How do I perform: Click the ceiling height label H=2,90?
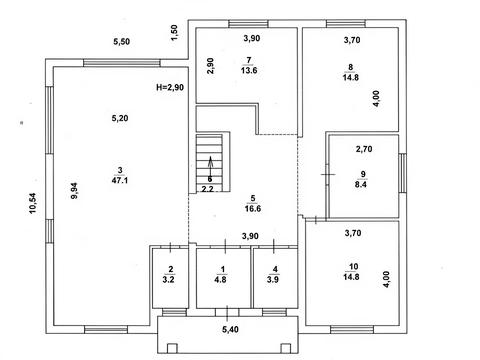tap(170, 87)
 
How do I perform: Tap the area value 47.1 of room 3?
tap(120, 180)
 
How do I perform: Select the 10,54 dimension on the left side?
tap(33, 203)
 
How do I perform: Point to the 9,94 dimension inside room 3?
tap(74, 191)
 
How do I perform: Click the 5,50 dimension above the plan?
tap(122, 42)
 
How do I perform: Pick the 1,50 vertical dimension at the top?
tap(174, 33)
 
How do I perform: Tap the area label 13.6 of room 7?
tap(249, 70)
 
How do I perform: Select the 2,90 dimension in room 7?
tap(210, 66)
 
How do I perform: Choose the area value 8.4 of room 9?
tap(361, 184)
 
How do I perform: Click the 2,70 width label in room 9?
tap(364, 149)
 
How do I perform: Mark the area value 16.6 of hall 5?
tap(253, 209)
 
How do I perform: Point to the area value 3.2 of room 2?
tap(169, 279)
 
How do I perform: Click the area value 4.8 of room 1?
tap(221, 279)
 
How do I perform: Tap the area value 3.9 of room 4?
tap(273, 279)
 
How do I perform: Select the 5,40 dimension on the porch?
tap(230, 330)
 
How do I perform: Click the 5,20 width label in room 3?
tap(120, 118)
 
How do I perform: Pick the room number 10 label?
tap(353, 267)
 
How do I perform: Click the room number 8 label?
tap(351, 67)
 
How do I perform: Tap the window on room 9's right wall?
tap(403, 173)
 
